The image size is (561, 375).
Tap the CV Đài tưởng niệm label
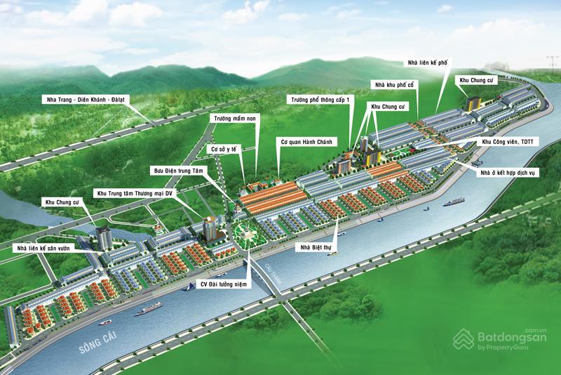[223, 284]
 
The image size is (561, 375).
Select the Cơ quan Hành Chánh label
[309, 140]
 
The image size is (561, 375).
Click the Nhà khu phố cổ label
[397, 85]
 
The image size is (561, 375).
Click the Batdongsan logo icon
[463, 341]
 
